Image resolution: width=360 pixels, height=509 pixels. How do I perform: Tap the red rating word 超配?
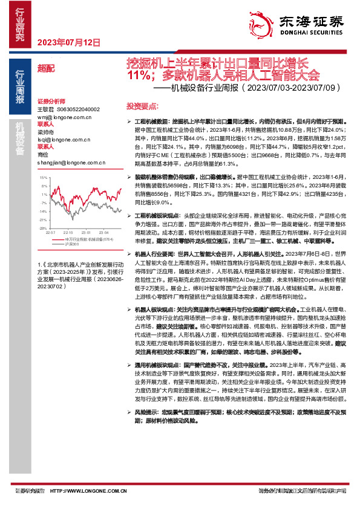(46, 68)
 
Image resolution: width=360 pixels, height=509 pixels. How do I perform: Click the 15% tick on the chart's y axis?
(42, 178)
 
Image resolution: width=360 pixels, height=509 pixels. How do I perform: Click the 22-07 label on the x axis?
(51, 232)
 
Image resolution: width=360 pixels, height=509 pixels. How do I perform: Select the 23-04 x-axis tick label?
(103, 232)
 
